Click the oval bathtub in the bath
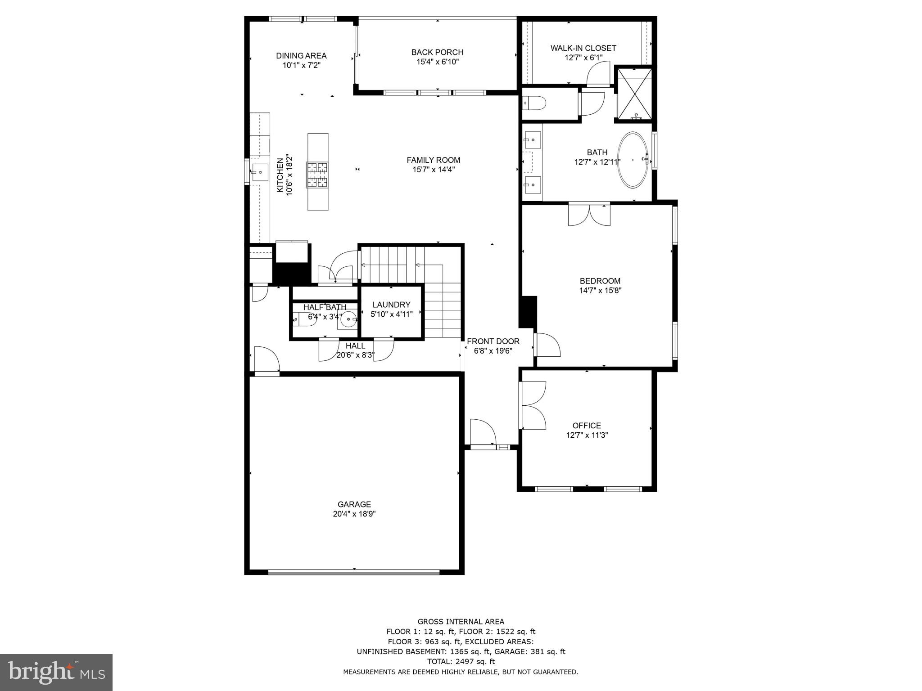[633, 160]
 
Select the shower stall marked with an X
[634, 94]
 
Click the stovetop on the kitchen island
[317, 175]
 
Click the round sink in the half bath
[349, 320]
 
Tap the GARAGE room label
[354, 504]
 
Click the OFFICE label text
[587, 425]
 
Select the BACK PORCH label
[437, 52]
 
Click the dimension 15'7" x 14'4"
[433, 170]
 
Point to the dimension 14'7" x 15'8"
[600, 291]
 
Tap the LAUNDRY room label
[391, 305]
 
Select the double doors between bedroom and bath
[589, 215]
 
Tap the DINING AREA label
[301, 56]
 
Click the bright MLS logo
[56, 672]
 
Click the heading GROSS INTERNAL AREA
[461, 622]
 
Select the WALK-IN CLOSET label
[583, 48]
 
